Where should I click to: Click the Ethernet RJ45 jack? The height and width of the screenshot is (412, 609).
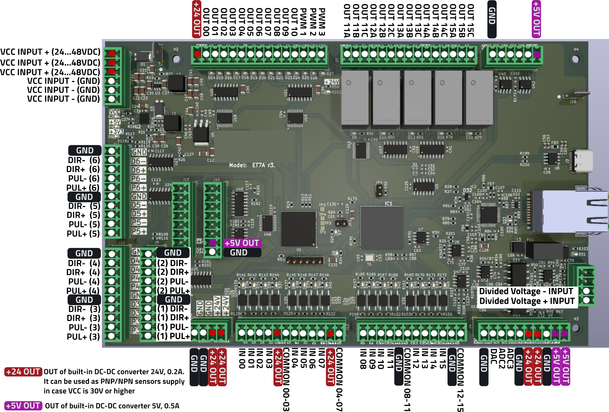[574, 211]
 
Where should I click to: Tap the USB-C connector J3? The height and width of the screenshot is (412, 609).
[582, 161]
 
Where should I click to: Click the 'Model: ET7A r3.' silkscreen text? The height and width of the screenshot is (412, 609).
[252, 165]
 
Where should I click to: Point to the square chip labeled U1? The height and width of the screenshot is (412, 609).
[299, 229]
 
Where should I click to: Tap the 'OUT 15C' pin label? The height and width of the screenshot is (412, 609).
[471, 20]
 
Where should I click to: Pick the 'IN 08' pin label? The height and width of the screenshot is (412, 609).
[363, 359]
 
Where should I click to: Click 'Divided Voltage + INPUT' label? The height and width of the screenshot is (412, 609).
[527, 301]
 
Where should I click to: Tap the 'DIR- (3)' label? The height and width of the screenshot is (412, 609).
[84, 309]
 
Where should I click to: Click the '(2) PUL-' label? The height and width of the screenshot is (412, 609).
[173, 281]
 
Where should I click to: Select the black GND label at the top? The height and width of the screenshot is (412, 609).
[492, 18]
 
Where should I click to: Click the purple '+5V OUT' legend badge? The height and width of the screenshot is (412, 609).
[23, 406]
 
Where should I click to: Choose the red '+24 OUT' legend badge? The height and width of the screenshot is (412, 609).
[23, 372]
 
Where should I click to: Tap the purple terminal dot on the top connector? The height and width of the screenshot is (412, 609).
[537, 54]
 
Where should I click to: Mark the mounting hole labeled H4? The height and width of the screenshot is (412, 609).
[576, 59]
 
